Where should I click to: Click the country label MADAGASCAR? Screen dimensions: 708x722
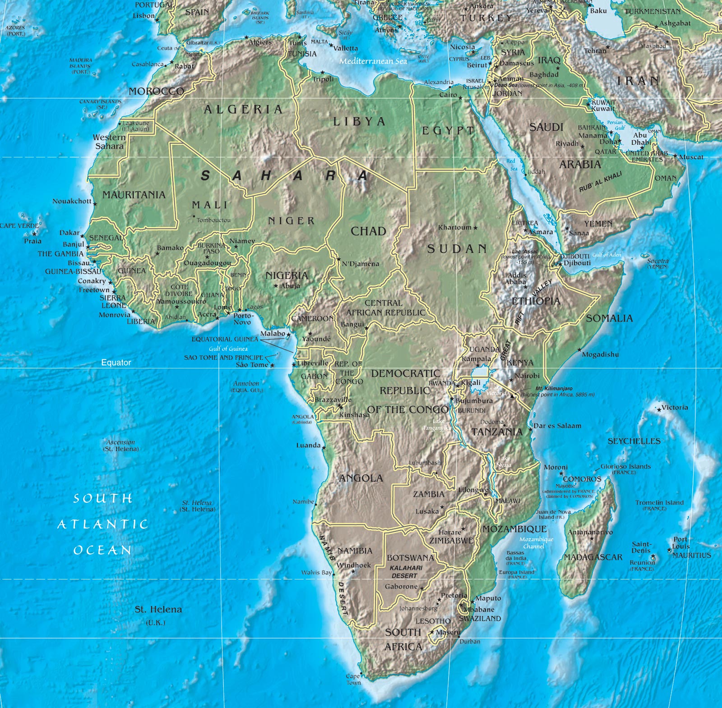(592, 557)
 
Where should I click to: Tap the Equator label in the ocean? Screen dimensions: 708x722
(116, 363)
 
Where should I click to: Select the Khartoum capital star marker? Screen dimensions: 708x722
(475, 228)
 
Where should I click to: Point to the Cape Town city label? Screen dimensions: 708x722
(353, 679)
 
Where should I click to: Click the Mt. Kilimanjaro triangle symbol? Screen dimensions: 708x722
(512, 396)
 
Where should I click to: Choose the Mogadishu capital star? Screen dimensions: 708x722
(579, 349)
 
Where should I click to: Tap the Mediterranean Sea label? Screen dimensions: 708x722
(373, 61)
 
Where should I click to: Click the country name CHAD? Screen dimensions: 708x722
(368, 231)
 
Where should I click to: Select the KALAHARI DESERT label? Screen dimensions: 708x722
(406, 572)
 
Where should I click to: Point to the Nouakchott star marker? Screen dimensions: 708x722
(95, 204)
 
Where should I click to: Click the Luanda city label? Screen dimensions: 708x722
(308, 446)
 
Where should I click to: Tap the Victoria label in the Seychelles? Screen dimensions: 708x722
(675, 408)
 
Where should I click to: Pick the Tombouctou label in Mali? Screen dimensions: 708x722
(213, 220)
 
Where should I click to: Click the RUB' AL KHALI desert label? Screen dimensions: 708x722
(600, 181)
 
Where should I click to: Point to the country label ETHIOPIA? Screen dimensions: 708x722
(536, 301)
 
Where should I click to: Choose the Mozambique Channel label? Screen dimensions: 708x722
(536, 542)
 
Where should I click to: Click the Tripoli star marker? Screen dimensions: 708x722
(322, 72)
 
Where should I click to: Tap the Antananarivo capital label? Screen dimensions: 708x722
(590, 532)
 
